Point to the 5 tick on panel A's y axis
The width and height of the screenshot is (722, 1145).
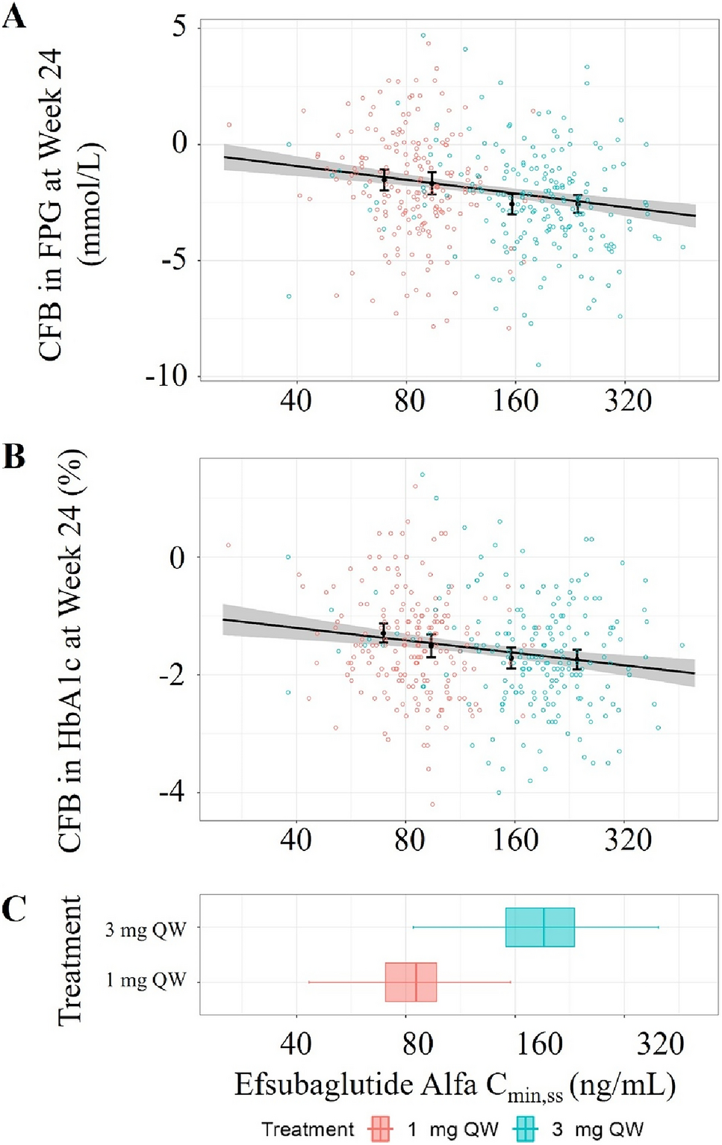[180, 27]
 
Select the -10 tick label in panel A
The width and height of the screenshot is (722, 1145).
[167, 375]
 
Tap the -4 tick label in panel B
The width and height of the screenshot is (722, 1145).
[172, 792]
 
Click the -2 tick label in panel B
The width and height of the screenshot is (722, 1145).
[172, 676]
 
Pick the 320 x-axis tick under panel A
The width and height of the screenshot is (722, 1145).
[628, 401]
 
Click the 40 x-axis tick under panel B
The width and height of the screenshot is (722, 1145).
[296, 840]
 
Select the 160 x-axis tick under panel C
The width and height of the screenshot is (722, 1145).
[539, 1043]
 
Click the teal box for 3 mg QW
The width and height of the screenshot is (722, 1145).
[540, 927]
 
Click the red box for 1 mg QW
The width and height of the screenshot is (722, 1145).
[411, 982]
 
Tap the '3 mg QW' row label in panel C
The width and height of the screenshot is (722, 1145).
[145, 929]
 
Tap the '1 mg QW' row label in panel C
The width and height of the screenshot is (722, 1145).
[145, 980]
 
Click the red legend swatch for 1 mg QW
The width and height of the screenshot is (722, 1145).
[380, 1129]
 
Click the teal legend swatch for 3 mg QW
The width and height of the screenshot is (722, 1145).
[525, 1129]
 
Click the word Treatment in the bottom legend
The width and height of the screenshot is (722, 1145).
[308, 1129]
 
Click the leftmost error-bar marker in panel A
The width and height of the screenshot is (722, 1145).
[385, 179]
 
